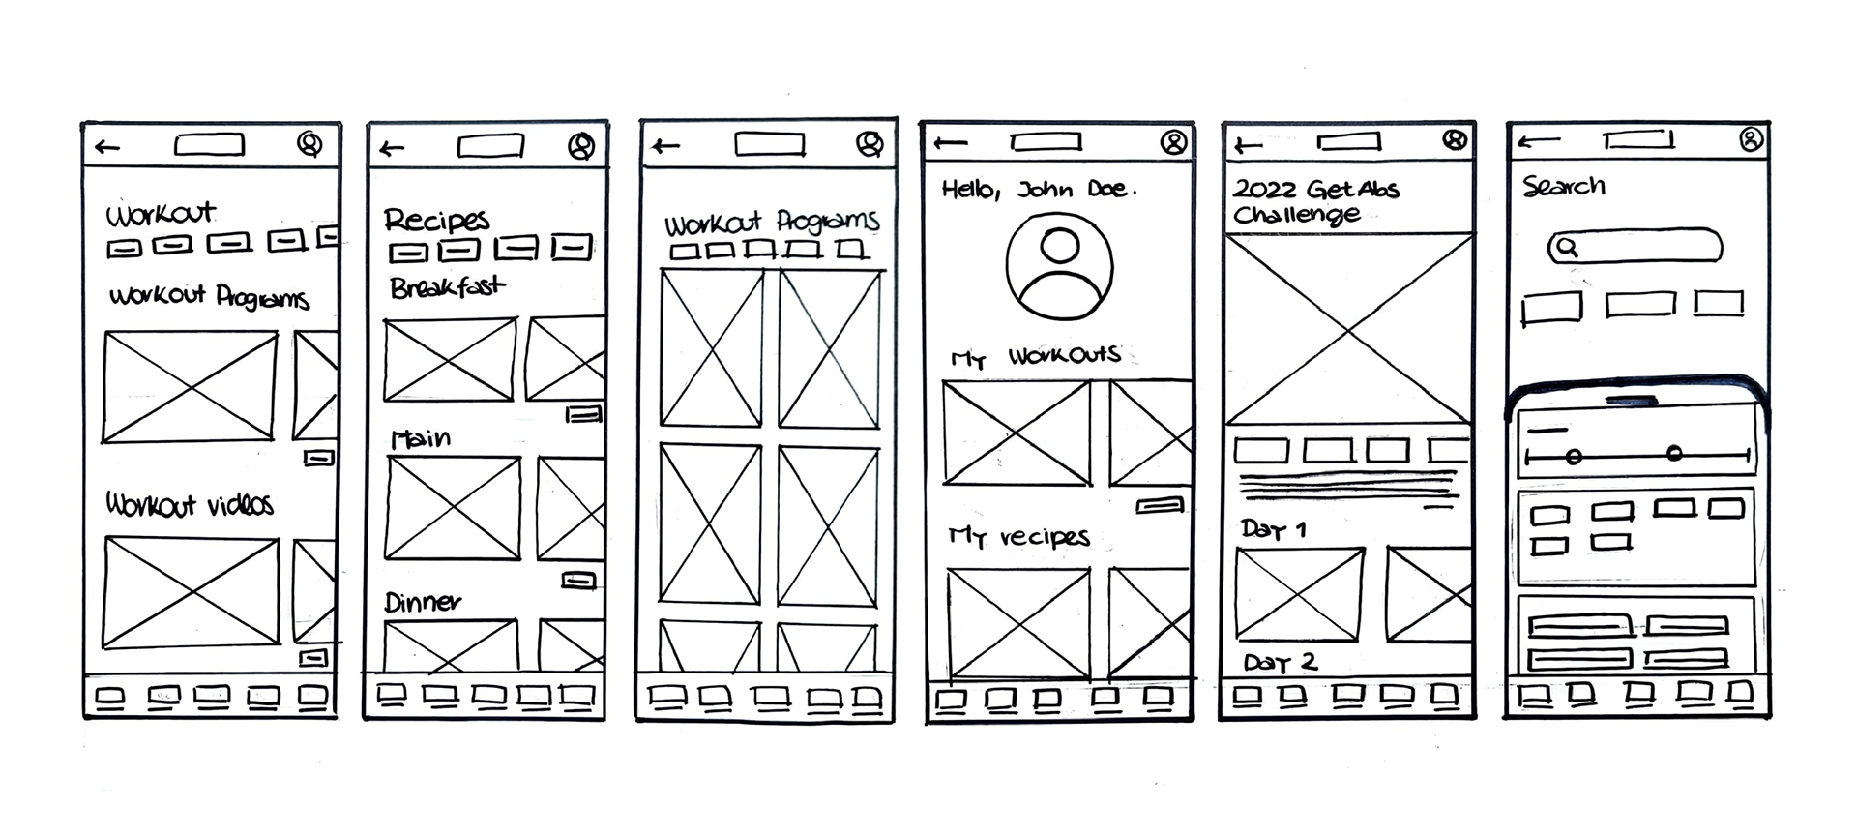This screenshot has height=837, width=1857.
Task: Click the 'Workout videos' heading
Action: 190,504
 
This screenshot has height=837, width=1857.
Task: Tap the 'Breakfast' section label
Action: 447,286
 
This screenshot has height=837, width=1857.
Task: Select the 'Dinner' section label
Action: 423,603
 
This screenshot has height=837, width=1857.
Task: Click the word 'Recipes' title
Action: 437,220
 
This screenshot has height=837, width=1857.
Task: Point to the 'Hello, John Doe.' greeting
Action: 1039,189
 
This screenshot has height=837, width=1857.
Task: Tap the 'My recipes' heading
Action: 1019,536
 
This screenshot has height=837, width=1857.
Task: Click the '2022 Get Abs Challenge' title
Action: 1315,201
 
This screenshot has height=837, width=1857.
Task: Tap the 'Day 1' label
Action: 1274,529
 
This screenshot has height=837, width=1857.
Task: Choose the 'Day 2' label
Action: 1281,663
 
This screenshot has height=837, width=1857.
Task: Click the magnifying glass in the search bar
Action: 1567,248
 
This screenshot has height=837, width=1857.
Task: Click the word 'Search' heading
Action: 1564,186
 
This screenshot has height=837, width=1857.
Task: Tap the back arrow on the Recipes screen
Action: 392,148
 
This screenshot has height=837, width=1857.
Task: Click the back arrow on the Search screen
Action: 1538,142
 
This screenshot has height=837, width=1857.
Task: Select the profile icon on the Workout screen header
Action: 309,144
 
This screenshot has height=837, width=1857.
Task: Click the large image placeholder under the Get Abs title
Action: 1348,330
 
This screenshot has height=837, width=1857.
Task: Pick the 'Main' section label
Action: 421,438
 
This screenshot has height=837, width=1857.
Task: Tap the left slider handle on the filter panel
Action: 1574,456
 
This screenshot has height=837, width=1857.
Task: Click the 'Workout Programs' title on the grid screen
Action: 772,223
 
